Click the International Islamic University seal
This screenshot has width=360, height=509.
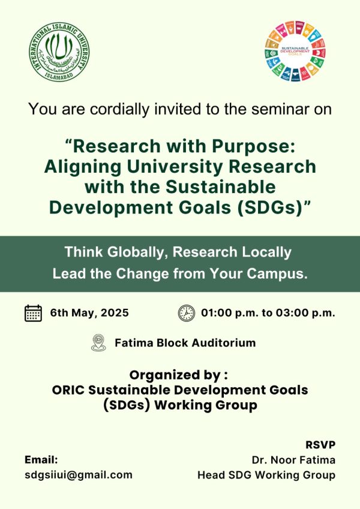click(59, 52)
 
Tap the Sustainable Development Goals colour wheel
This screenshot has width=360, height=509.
click(295, 52)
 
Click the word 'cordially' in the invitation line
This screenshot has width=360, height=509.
click(120, 109)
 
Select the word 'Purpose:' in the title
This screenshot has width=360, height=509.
click(253, 146)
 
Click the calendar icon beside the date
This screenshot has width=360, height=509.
click(33, 314)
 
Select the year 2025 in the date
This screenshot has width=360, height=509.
click(115, 312)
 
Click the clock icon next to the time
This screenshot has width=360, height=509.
click(187, 314)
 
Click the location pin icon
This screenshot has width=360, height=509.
click(99, 343)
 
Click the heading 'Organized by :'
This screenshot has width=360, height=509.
click(179, 375)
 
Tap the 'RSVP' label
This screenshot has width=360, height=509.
click(320, 444)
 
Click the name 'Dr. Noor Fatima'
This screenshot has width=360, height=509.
click(293, 460)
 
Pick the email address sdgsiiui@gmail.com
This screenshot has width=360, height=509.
click(79, 475)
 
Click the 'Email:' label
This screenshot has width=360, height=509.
click(41, 460)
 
